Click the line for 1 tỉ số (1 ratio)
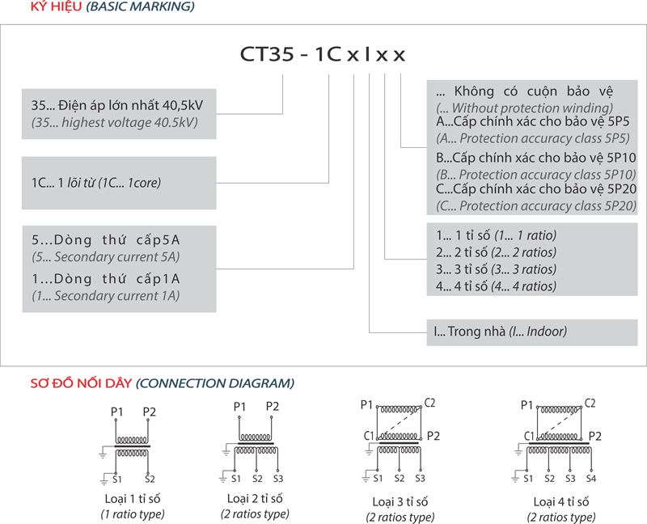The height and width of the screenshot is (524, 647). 496,235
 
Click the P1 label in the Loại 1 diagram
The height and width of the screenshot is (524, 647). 116,412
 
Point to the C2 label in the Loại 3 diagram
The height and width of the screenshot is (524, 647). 430,403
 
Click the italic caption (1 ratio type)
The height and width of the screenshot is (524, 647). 133,513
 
